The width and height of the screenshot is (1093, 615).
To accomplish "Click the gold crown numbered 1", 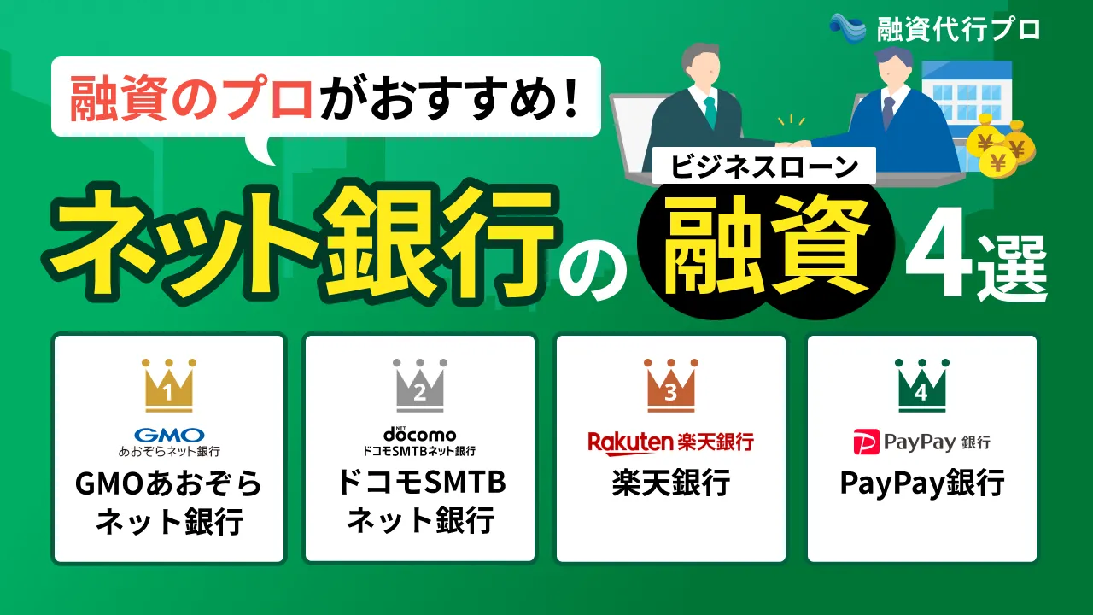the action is coord(169,385).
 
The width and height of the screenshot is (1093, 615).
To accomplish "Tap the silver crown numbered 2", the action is coord(419,385).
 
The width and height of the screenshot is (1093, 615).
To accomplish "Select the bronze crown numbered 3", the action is coord(671,385).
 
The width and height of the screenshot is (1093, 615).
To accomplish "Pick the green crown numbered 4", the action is coord(921,385).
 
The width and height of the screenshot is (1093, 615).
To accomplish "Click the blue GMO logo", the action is coord(169,435).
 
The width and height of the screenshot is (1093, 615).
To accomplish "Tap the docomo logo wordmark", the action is coord(419,434).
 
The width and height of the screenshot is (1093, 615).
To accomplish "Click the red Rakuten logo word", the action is coord(630,442).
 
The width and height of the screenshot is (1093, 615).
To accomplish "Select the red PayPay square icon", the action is coord(866,442).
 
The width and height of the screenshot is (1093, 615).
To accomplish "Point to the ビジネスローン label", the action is coord(763,166).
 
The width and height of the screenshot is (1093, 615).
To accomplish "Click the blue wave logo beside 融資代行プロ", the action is coord(848,28).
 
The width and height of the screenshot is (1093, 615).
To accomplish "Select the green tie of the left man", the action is coord(710,112).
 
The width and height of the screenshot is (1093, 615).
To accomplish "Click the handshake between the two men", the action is coord(793,143).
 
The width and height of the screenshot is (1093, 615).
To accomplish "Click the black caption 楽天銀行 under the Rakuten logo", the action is coord(671,483).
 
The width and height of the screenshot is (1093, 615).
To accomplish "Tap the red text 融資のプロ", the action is coord(191,97).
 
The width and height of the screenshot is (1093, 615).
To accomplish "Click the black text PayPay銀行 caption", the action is coord(921,483).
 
